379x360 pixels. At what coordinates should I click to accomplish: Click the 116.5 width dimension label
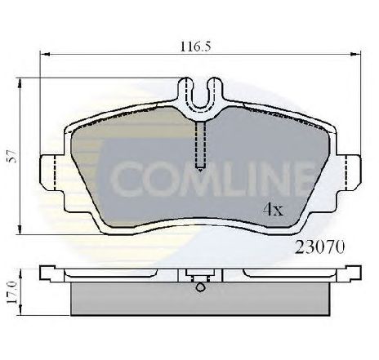tap(195, 47)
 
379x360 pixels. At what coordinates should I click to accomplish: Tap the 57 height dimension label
tap(12, 156)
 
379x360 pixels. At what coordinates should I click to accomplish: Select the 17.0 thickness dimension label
tap(12, 292)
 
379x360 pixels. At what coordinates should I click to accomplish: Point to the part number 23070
tap(320, 247)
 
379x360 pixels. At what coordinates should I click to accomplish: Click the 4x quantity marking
tap(273, 210)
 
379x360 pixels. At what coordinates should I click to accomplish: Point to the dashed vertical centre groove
tap(200, 145)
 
